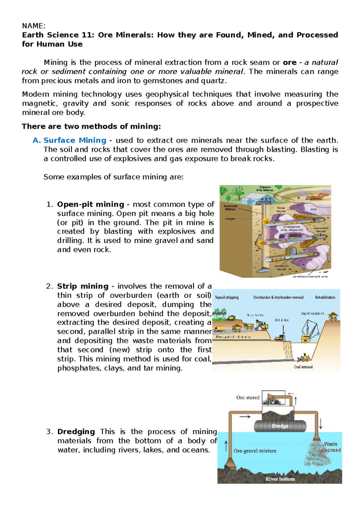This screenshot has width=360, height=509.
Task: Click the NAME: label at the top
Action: pos(34,26)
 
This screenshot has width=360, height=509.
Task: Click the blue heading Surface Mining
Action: pos(75,140)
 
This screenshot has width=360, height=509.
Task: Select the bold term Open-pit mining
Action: pos(90,204)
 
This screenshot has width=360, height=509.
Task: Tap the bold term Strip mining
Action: pos(83,286)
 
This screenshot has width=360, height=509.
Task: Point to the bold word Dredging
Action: pos(76,432)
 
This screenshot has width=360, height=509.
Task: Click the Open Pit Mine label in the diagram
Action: pos(265,189)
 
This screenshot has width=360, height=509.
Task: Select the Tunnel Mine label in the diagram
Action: pos(230,207)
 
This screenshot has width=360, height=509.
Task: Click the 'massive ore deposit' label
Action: pos(292,228)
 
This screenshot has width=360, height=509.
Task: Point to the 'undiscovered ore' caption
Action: pos(310,276)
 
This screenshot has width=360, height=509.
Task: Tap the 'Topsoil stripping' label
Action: pos(227,297)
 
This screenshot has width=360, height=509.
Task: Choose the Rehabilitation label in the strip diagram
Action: pos(325,297)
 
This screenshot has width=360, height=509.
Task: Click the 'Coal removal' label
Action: pos(303,367)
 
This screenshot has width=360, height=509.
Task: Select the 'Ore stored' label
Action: pos(248,397)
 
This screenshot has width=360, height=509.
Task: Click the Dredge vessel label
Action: pos(280,426)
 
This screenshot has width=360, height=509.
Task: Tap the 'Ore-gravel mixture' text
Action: pos(255,451)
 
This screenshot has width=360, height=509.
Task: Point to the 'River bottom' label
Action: pos(280,479)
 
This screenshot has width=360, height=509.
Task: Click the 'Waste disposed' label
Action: pos(330,447)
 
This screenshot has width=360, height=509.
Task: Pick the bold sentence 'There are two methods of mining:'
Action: pos(91,127)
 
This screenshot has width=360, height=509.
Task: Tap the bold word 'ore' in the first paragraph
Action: pos(289,62)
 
